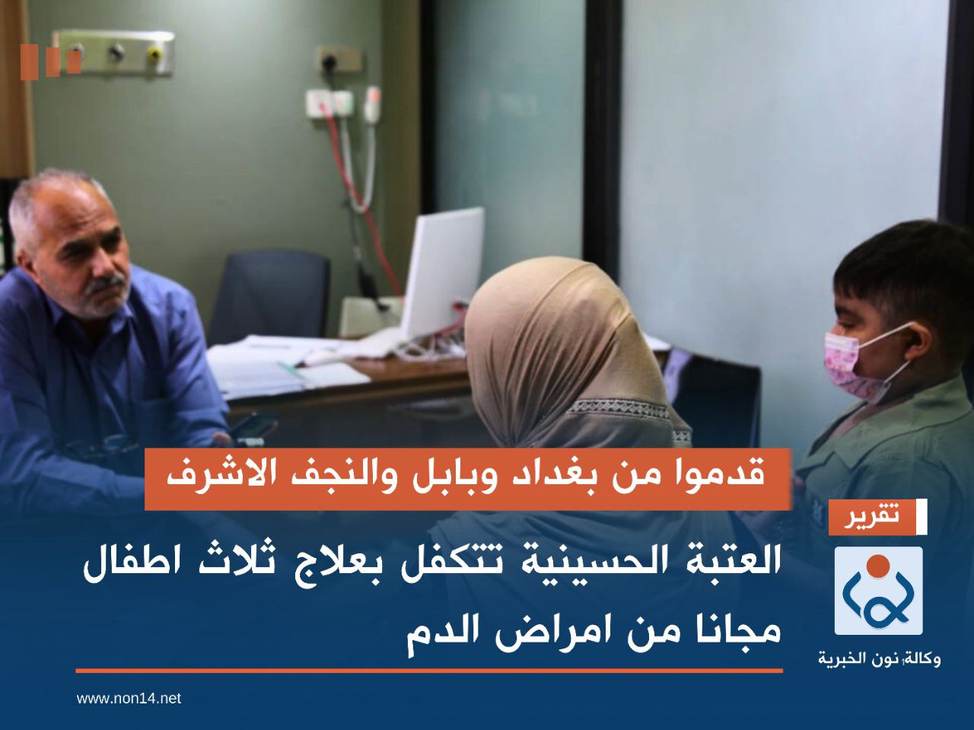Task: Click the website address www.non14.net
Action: tap(129, 698)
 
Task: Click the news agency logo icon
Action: tap(878, 591)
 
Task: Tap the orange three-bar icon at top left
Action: tap(50, 62)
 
